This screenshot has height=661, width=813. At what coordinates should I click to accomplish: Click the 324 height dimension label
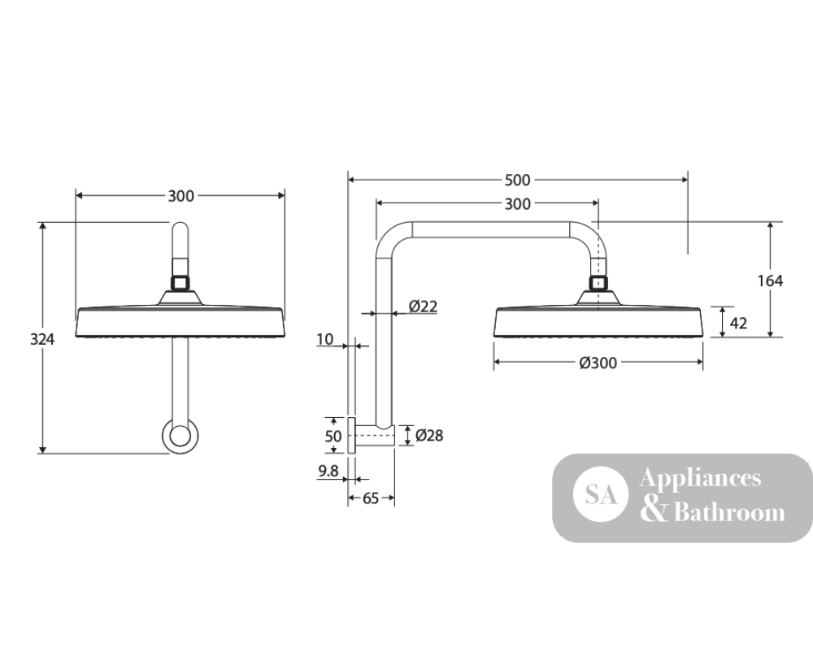coord(42,339)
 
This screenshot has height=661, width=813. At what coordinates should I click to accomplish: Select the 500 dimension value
coord(517,180)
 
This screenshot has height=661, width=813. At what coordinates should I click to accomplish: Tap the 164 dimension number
coord(770,281)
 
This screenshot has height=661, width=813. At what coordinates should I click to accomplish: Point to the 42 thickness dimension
coord(738,324)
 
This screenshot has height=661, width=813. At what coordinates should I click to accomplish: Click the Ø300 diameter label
coord(598,363)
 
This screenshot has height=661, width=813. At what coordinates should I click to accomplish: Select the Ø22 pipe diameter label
coord(423,307)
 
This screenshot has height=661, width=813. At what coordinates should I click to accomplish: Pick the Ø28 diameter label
coord(429,436)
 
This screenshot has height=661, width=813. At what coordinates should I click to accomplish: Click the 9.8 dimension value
coord(328,471)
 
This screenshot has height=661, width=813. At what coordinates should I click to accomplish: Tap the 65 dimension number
coord(371,498)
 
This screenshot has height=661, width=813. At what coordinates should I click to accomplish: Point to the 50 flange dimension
coord(333,436)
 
